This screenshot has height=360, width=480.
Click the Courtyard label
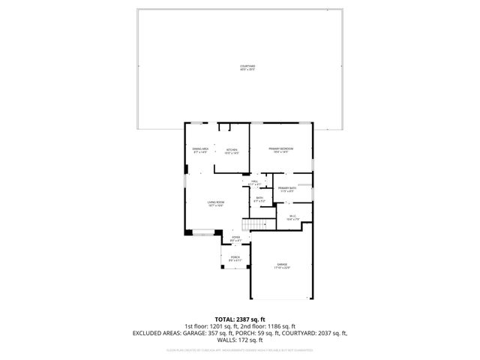tap(247, 68)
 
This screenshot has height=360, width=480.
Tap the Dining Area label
tap(200, 151)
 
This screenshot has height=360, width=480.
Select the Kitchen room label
tap(232, 151)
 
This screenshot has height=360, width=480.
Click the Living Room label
tap(216, 203)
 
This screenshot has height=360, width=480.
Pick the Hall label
tap(254, 182)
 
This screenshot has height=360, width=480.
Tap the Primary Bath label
tap(287, 189)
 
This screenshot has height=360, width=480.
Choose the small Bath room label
tap(259, 200)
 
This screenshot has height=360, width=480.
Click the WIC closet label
tap(293, 218)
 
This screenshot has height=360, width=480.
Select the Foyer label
tap(235, 238)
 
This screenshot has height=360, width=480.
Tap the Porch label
tap(235, 259)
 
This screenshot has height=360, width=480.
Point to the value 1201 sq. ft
tap(216, 326)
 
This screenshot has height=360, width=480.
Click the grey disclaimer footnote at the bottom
tap(240, 349)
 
